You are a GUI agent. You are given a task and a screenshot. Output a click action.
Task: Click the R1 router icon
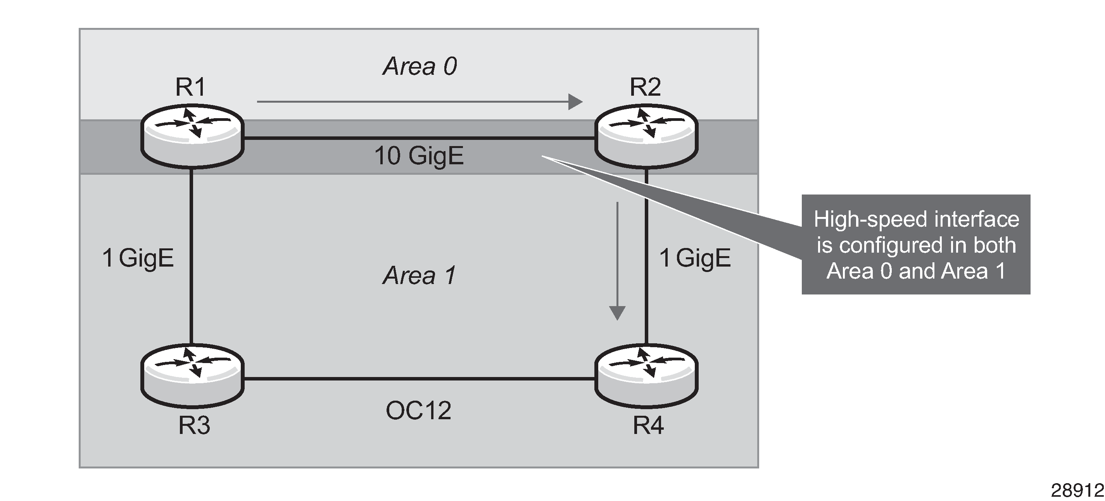click(192, 136)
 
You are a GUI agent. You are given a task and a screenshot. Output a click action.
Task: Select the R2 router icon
click(646, 136)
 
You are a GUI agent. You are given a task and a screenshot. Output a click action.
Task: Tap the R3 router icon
click(192, 375)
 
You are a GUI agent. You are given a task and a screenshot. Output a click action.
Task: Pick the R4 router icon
click(646, 375)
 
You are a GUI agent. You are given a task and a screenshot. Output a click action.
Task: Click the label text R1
click(191, 87)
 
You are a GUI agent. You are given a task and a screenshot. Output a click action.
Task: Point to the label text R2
click(645, 87)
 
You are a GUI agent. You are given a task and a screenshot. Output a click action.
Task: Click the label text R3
click(194, 425)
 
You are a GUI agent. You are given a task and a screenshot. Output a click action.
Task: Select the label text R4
click(648, 425)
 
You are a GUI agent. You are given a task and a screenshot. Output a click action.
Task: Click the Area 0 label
click(420, 66)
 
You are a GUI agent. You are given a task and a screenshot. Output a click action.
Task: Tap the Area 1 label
click(420, 275)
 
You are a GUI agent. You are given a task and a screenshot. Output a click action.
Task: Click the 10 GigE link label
click(419, 156)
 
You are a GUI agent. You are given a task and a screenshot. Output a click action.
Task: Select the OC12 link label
click(418, 411)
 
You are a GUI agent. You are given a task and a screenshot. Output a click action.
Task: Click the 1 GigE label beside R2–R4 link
click(695, 258)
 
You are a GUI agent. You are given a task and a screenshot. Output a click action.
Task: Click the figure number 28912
click(1077, 490)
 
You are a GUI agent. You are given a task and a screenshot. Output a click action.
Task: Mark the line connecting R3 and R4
click(419, 379)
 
